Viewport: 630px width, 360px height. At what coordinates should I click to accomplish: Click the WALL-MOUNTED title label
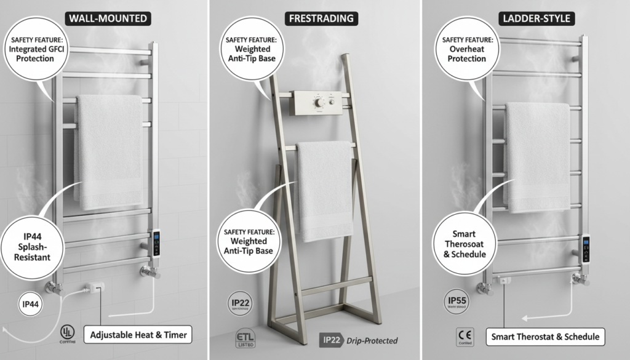tap(108, 18)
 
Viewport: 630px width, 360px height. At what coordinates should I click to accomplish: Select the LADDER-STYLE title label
tap(536, 18)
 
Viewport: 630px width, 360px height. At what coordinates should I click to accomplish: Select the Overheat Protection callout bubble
tap(467, 50)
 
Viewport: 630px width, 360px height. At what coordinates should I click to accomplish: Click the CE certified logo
tap(465, 337)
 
